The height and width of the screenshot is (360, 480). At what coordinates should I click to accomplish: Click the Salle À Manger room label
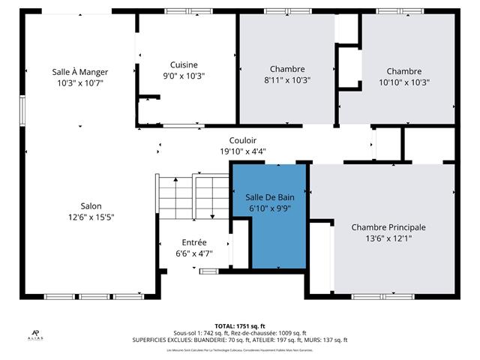pyautogui.click(x=80, y=72)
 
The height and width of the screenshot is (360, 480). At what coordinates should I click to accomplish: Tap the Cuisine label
pyautogui.click(x=184, y=64)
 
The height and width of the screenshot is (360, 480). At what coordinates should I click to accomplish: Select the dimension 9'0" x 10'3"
pyautogui.click(x=184, y=76)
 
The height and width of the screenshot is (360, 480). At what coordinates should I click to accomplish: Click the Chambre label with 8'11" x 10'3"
pyautogui.click(x=286, y=69)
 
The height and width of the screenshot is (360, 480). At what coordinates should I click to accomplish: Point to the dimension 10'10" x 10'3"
pyautogui.click(x=404, y=82)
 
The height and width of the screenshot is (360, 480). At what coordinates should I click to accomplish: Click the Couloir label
pyautogui.click(x=243, y=140)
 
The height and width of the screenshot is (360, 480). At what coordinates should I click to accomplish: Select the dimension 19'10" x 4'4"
pyautogui.click(x=243, y=151)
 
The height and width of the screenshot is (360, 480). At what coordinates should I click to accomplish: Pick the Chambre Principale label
pyautogui.click(x=388, y=227)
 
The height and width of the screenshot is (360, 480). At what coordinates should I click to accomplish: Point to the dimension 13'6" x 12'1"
pyautogui.click(x=388, y=238)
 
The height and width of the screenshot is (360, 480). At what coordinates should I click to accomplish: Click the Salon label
pyautogui.click(x=91, y=206)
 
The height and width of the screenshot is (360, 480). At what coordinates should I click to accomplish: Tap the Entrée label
pyautogui.click(x=194, y=242)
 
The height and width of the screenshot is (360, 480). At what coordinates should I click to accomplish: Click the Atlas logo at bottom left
pyautogui.click(x=35, y=334)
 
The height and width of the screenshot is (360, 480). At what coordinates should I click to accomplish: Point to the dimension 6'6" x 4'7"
pyautogui.click(x=194, y=253)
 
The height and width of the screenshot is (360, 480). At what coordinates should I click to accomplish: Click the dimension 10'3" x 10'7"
pyautogui.click(x=80, y=83)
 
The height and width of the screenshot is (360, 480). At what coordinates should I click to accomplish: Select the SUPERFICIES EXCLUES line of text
pyautogui.click(x=240, y=340)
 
